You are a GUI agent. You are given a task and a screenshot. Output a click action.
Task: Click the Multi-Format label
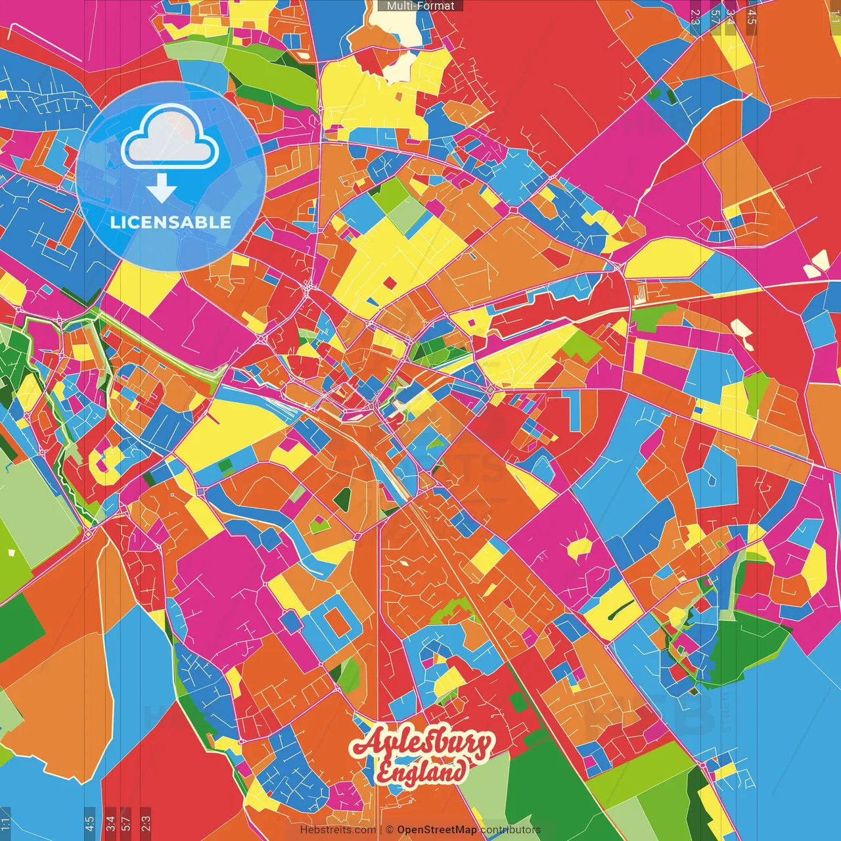420,6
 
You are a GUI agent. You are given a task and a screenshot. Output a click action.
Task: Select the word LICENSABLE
171,222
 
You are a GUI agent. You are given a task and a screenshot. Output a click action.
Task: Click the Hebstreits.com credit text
338,830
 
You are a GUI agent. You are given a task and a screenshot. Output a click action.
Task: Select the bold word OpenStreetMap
437,830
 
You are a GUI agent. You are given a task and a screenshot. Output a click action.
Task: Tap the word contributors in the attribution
511,830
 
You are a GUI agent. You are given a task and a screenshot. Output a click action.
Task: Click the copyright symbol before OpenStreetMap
390,830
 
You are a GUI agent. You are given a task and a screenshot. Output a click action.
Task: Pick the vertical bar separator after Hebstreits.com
381,830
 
